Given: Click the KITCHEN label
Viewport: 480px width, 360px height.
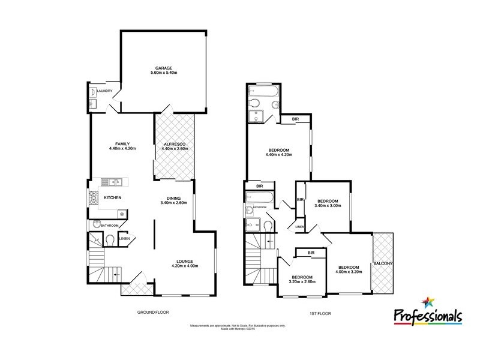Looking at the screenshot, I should [x=113, y=197].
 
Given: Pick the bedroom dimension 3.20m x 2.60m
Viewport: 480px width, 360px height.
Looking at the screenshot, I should [x=302, y=281].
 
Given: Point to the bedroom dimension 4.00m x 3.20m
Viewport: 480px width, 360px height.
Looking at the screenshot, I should [x=348, y=272].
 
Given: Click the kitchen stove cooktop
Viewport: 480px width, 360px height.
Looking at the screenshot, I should [x=94, y=197].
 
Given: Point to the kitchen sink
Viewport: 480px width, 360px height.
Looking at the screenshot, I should [x=112, y=181].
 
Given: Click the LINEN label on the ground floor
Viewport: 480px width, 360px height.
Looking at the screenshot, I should [x=124, y=239].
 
